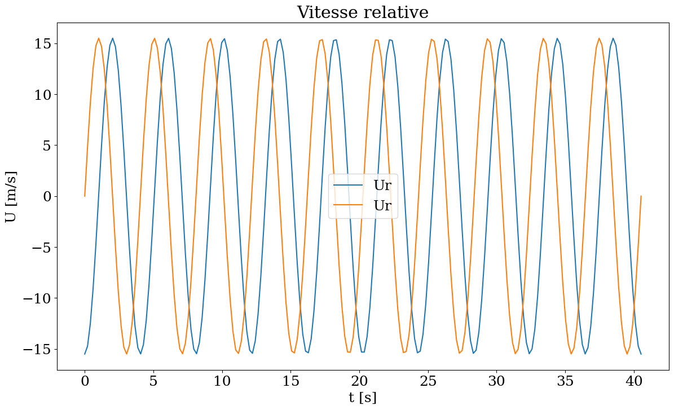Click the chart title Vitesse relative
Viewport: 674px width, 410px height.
pos(363,12)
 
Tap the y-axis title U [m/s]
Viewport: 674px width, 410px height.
pos(11,197)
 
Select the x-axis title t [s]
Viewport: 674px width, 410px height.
pos(363,398)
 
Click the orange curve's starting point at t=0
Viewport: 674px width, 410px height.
pos(85,196)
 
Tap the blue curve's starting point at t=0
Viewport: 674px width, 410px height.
pos(85,354)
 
